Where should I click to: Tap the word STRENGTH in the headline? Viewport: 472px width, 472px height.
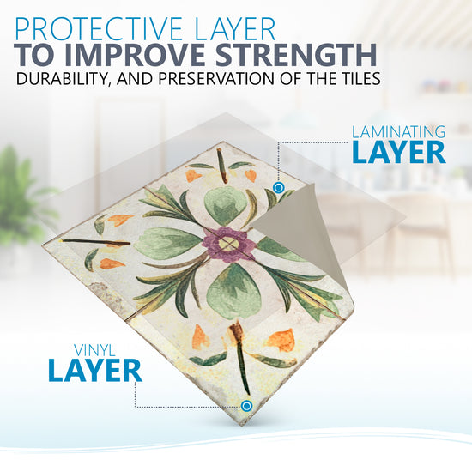pos(296,55)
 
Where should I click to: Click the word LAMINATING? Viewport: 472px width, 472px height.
pos(398,132)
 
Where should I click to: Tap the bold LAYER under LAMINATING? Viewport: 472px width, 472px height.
pos(399,152)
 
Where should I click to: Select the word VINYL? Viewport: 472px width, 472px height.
pos(94,351)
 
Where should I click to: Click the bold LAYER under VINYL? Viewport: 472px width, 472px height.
pos(94,370)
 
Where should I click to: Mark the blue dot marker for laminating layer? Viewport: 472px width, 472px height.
pos(279,188)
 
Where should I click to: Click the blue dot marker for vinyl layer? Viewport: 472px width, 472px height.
pos(246,406)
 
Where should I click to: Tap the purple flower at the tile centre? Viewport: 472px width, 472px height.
pos(228,244)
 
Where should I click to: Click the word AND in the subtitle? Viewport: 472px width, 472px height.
pos(136,78)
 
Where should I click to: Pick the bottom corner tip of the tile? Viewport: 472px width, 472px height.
pos(241,425)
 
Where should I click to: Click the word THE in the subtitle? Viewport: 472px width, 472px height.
pos(318,78)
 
